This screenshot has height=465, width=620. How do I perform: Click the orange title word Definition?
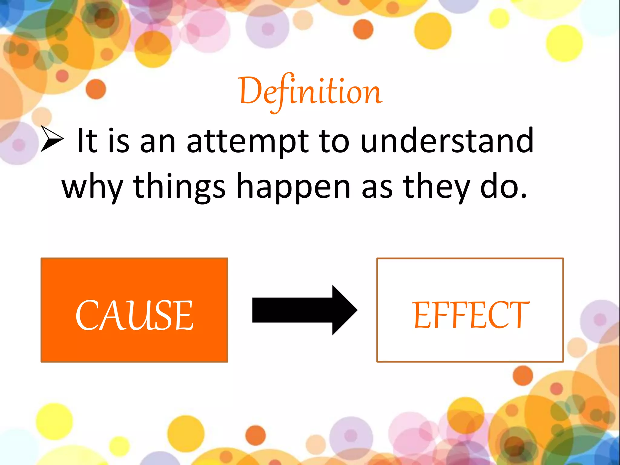pos(311,91)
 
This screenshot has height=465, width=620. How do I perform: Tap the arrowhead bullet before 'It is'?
pos(52,139)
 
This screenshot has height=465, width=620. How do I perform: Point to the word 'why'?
pos(92,188)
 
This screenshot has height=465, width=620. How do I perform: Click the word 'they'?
pos(436,188)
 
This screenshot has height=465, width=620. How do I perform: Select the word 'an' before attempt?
pos(157,142)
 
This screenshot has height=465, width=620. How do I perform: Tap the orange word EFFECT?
pos(470,315)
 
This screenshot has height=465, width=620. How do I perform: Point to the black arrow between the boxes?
pos(304,310)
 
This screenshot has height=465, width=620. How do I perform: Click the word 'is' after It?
pos(119,141)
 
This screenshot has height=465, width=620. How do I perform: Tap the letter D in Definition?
pos(250,90)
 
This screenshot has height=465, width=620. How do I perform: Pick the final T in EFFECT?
pos(518,315)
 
